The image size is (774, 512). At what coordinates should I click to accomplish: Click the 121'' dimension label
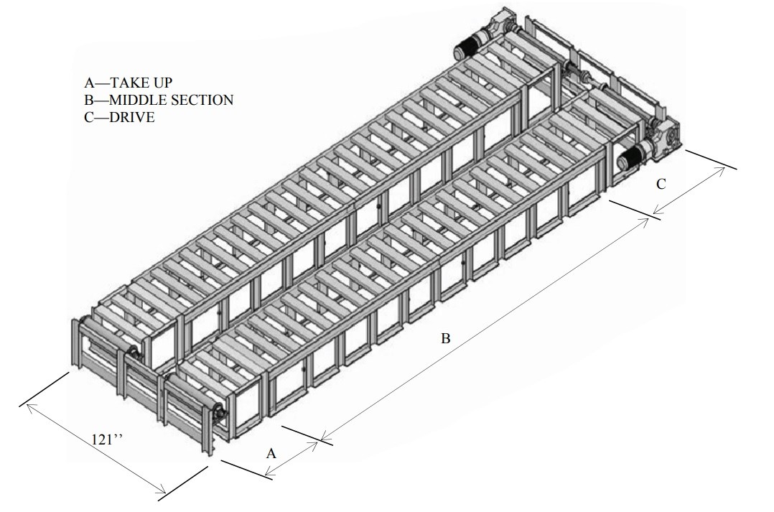pos(106,439)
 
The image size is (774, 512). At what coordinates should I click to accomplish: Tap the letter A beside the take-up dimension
pos(271,453)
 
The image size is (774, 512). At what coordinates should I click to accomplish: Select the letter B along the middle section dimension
pos(445,339)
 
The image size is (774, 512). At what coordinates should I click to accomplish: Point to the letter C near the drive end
pos(661,184)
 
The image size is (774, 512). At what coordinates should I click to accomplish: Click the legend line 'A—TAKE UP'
pos(129,83)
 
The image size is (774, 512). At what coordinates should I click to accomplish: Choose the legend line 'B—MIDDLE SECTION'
pos(159,100)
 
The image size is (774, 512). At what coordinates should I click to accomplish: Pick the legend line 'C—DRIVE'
pos(119,117)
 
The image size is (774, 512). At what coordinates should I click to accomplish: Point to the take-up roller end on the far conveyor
pos(133,353)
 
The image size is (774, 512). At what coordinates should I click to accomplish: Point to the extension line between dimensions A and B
pos(307,435)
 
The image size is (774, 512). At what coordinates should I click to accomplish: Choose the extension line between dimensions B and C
pos(635,210)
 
